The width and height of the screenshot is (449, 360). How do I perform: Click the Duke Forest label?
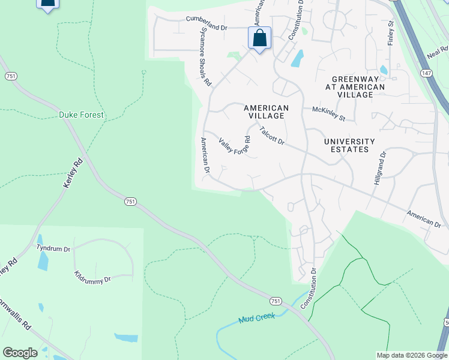(81, 115)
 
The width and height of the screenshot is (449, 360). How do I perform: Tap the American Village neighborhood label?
(267, 112)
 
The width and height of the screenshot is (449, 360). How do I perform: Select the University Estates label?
(349, 145)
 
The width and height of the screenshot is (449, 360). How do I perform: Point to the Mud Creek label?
(256, 318)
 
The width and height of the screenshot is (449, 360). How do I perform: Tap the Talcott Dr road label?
(272, 134)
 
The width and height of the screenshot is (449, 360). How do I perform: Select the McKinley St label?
(329, 113)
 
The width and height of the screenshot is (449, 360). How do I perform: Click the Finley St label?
(391, 33)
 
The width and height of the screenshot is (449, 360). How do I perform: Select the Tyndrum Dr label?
(53, 248)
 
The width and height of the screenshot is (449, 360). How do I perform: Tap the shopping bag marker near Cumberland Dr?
(259, 38)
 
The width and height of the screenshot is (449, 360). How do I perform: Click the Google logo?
(20, 353)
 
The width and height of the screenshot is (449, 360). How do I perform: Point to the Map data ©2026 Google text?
(412, 355)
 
